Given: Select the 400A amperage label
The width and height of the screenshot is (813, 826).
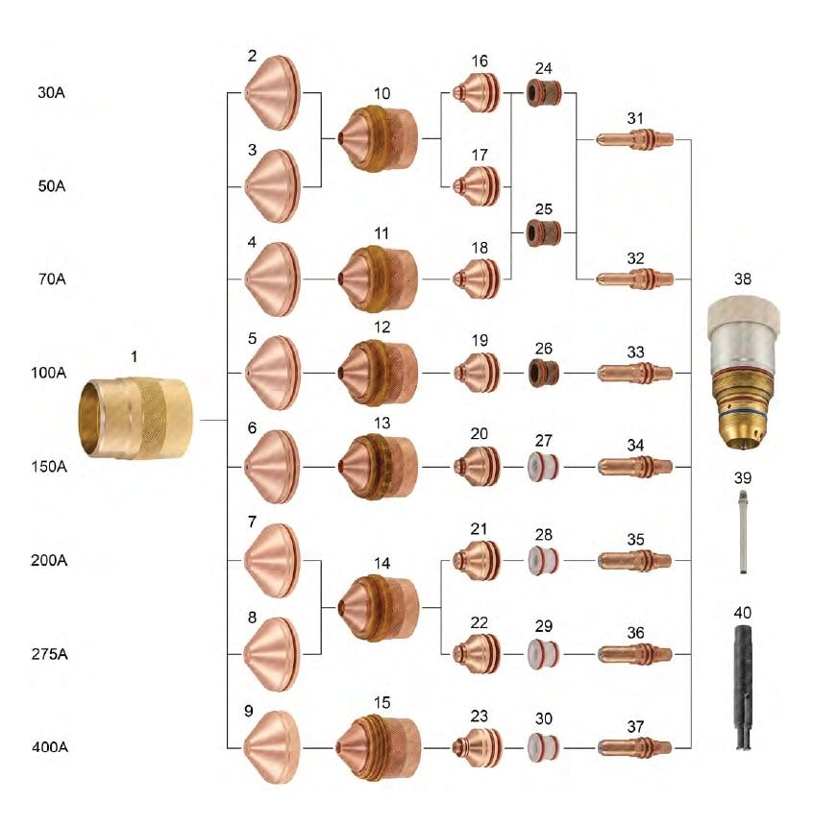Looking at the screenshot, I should click(50, 746).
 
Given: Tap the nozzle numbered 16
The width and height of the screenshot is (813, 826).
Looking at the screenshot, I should click(477, 93).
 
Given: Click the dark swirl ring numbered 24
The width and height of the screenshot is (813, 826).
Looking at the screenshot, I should click(545, 94).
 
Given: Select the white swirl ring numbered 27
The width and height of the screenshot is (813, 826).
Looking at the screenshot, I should click(545, 467).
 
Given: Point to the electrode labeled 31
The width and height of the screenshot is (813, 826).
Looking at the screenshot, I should click(634, 140).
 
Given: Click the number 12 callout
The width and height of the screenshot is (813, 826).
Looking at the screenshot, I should click(382, 328).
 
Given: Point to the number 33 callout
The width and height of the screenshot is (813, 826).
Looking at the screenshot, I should click(634, 352).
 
